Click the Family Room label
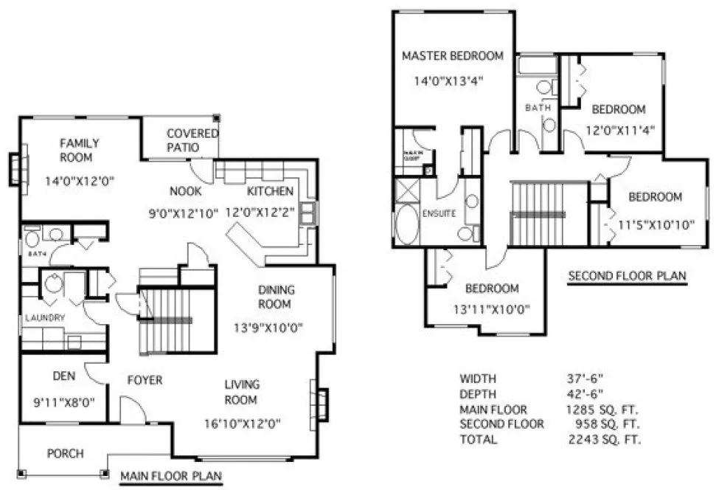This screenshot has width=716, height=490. coord(80,150)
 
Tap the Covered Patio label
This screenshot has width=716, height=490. coord(192,140)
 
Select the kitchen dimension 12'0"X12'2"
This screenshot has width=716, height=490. coord(270,210)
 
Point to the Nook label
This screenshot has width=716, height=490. coord(185,191)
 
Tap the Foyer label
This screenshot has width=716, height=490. coord(144,380)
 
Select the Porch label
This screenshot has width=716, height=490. coord(66,453)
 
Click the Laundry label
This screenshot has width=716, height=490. coord(46,317)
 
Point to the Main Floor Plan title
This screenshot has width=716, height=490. coord(171,476)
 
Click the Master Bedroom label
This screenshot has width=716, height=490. coord(452,55)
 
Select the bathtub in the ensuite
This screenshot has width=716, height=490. coord(406,224)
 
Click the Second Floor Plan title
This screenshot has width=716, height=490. coord(627,277)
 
